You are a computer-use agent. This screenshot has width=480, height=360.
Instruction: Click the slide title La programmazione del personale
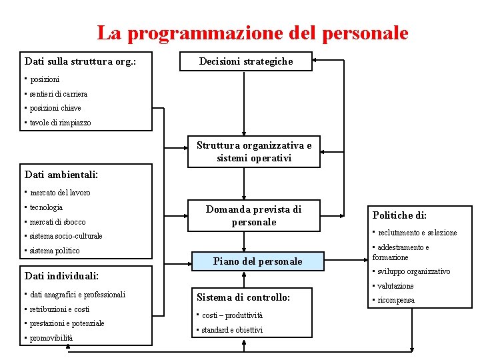click(253, 33)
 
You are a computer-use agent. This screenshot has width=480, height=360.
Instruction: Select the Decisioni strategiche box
click(246, 62)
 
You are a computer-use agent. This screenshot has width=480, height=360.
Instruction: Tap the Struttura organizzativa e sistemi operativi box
click(254, 152)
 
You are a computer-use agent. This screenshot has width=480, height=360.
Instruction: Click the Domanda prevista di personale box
click(253, 215)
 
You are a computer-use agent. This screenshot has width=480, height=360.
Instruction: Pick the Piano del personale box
click(257, 262)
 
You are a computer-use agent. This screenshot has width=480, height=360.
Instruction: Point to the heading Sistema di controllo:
click(243, 297)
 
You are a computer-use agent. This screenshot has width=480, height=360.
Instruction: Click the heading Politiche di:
click(399, 215)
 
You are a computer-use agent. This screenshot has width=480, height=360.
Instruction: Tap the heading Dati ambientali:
click(61, 175)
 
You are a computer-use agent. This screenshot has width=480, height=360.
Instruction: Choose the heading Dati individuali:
click(61, 275)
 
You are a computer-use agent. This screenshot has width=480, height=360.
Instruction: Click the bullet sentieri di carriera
click(58, 94)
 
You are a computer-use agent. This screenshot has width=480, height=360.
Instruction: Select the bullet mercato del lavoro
click(60, 193)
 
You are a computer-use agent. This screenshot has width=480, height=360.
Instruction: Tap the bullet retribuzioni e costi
click(59, 309)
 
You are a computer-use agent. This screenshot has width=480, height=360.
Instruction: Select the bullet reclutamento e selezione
click(417, 233)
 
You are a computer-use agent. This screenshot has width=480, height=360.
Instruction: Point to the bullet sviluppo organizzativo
click(414, 271)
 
